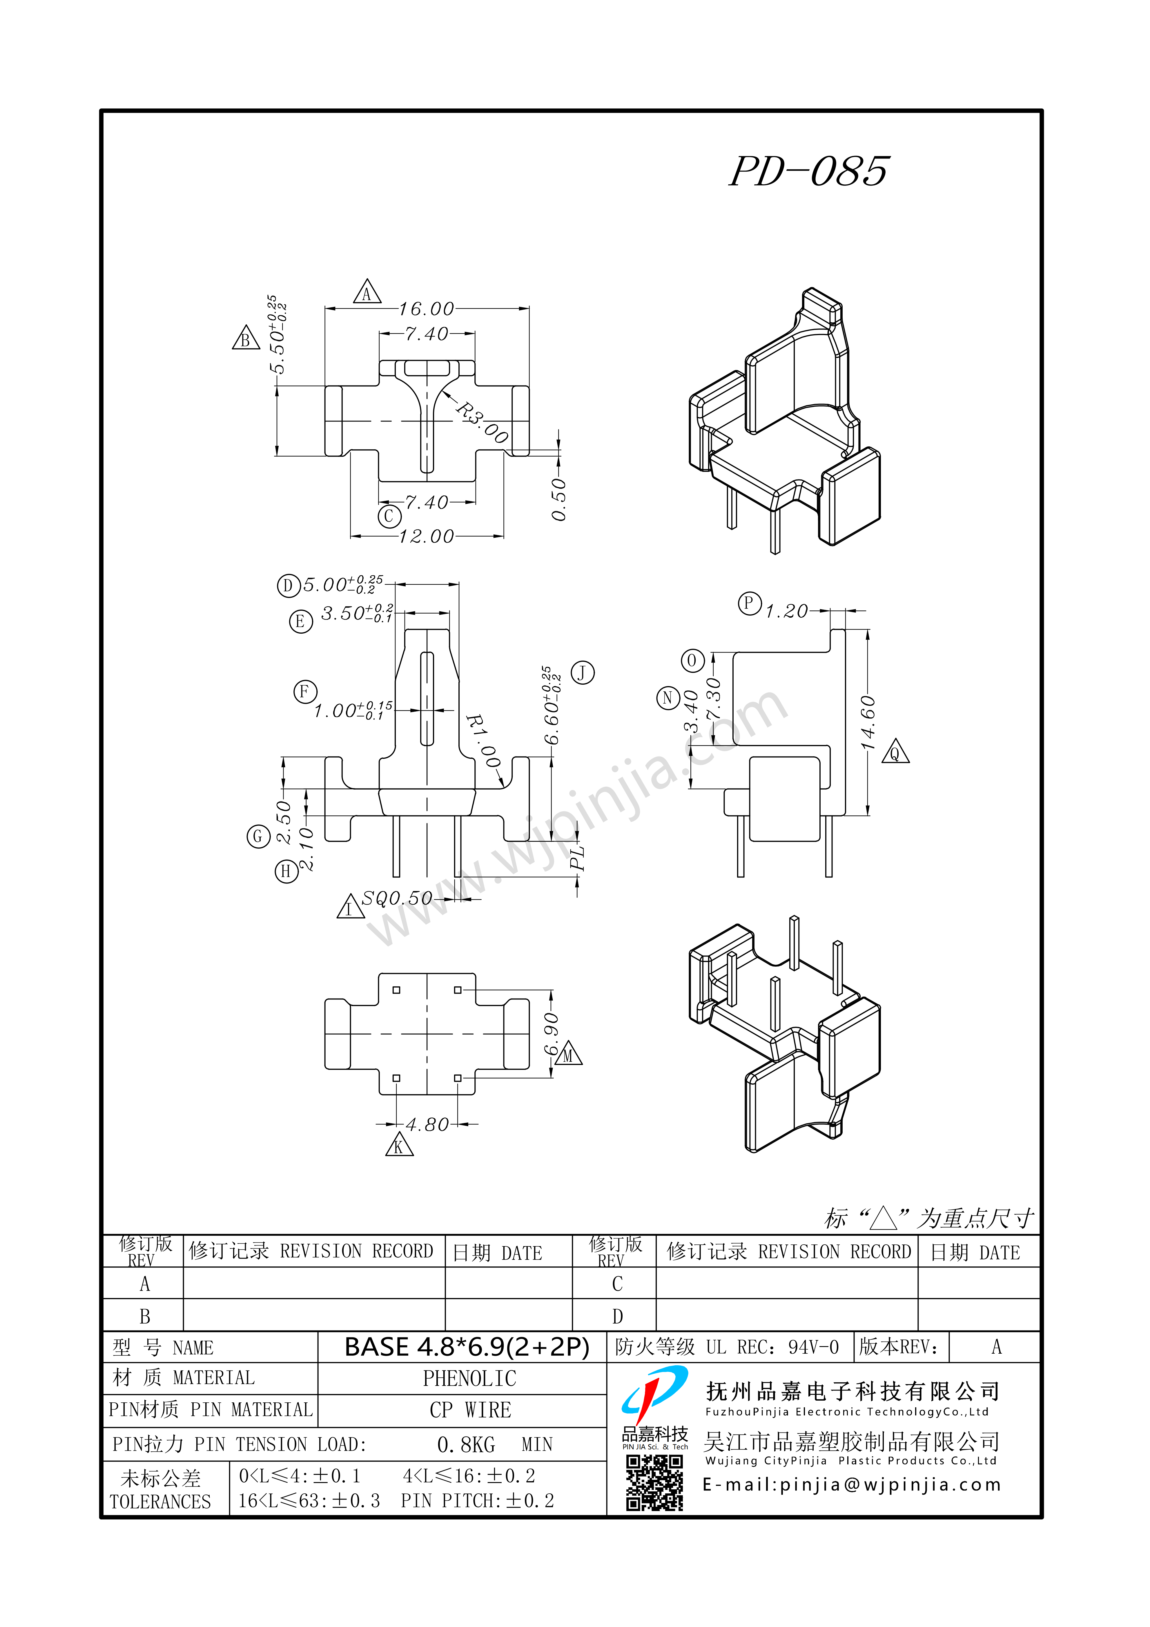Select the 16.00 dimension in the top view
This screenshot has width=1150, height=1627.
[x=426, y=309]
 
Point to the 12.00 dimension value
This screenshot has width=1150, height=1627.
[x=426, y=537]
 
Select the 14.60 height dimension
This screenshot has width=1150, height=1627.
[x=868, y=723]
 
